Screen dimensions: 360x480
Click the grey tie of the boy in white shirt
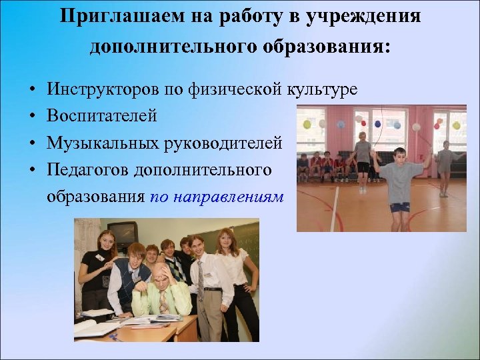(200, 280)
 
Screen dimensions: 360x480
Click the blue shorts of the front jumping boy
(399, 207)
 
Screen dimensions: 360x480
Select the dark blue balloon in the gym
(377, 124)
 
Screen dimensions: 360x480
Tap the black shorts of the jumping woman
(363, 167)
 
